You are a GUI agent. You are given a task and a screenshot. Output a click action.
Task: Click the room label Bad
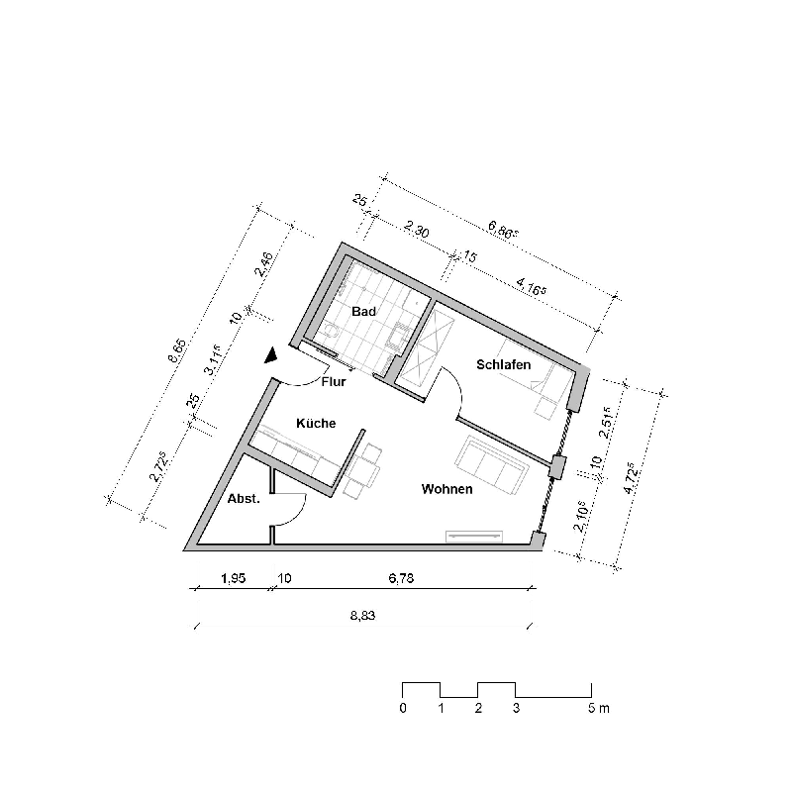(x=364, y=311)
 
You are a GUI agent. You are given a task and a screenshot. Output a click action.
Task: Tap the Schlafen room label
(x=504, y=364)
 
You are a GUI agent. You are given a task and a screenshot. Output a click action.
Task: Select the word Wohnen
(x=446, y=489)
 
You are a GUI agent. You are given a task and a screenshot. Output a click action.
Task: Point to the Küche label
(x=317, y=423)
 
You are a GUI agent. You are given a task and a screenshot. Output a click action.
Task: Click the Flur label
(x=334, y=380)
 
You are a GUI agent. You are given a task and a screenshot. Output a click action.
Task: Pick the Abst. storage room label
(x=244, y=499)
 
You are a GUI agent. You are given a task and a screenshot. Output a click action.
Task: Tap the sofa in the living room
(x=490, y=463)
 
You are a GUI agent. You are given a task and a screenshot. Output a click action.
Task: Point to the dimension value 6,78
(x=400, y=580)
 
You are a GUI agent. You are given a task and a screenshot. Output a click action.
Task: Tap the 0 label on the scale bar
(x=403, y=709)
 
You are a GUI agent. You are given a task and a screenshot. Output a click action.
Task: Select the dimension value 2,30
(x=416, y=231)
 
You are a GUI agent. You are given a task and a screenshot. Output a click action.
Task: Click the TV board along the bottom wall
(x=475, y=536)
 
